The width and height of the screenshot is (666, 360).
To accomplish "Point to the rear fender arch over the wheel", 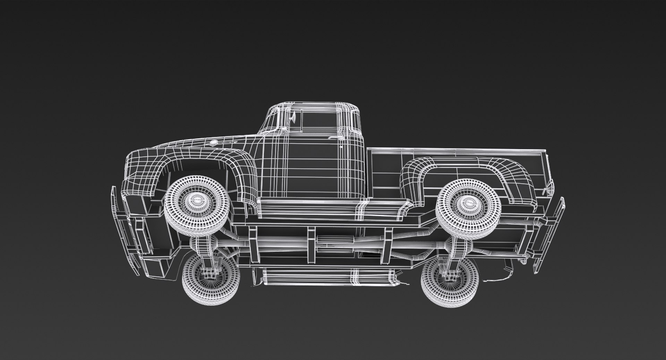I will tap(465, 166).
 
